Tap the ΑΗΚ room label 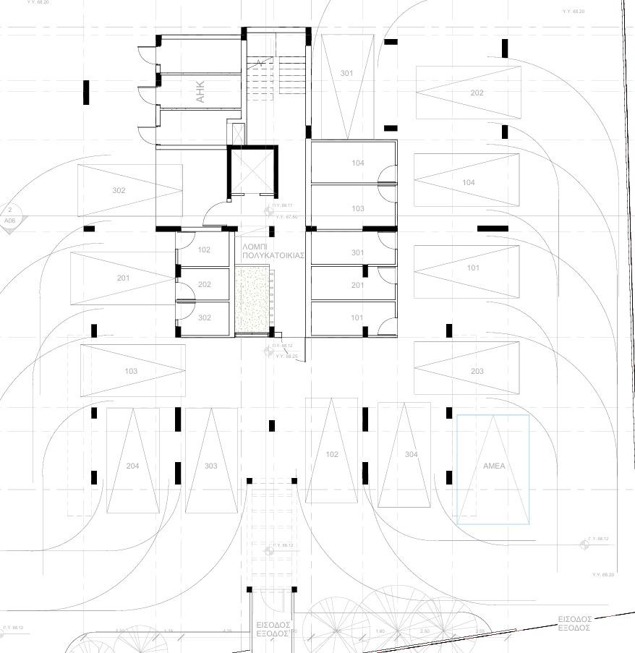click(x=200, y=92)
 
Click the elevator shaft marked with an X click(x=252, y=171)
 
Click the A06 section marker click(x=10, y=219)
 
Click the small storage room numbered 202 click(x=204, y=284)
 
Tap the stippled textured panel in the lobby click(x=251, y=300)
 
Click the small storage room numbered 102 click(x=204, y=250)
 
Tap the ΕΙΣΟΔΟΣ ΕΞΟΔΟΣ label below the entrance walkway click(x=273, y=628)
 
